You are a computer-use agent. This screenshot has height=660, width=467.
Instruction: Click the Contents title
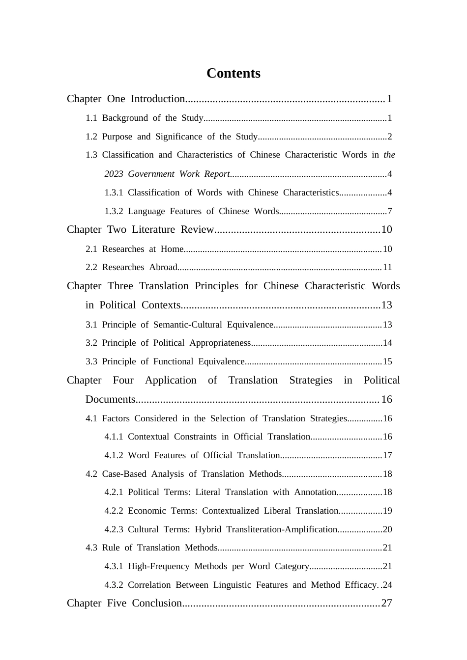pos(233,73)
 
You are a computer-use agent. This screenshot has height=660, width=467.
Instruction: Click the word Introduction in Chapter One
pos(157,99)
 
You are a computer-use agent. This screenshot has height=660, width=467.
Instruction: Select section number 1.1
pos(91,118)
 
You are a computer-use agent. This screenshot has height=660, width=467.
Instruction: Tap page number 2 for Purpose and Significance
pos(389,137)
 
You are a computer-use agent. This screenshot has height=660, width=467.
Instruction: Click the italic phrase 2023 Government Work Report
pos(167,174)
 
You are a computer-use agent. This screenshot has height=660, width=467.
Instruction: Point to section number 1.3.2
pos(114,211)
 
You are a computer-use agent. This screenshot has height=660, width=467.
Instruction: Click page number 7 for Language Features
pos(389,211)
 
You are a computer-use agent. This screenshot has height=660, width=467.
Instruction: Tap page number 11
pos(387,267)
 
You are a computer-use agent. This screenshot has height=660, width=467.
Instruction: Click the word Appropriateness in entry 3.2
pos(220,343)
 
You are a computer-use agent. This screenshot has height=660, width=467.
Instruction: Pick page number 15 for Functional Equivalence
pos(387,361)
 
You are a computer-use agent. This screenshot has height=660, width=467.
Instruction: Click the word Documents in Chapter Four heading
pos(110,399)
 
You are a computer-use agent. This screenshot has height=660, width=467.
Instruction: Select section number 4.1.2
pos(114,455)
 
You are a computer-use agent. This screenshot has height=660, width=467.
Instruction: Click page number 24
pos(387,585)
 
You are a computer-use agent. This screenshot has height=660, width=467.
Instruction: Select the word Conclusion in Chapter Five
pos(157,603)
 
